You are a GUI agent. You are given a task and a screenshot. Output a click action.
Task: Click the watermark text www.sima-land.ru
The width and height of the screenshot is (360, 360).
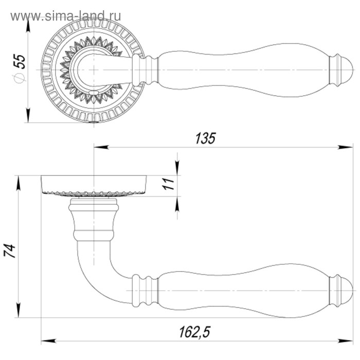tap(65, 16)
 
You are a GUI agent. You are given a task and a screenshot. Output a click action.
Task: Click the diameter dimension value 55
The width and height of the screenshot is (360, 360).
tap(20, 61)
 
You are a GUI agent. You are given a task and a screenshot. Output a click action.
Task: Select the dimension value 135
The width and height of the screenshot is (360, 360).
tap(206, 138)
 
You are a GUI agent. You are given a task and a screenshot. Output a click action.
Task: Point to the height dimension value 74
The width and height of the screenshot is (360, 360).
tap(10, 251)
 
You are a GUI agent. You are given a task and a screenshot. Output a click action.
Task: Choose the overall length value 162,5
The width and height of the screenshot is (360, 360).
tap(195, 332)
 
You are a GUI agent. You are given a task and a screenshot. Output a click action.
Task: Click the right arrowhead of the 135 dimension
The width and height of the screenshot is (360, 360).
tap(345, 148)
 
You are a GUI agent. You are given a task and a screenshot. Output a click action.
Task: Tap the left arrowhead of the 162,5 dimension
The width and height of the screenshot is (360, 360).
tap(49, 341)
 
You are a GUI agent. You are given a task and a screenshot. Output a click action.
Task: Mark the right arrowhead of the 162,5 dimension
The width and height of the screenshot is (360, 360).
tap(345, 341)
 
